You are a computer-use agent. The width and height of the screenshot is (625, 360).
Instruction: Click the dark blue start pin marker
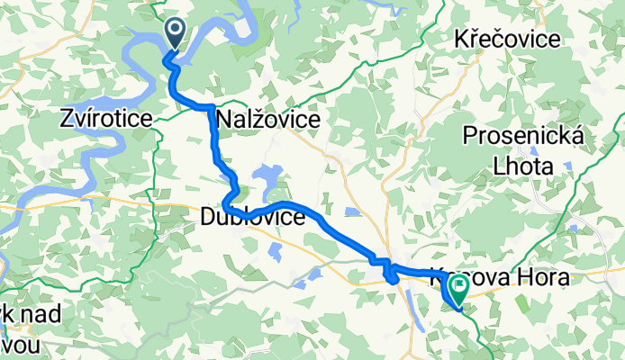tap(174, 34)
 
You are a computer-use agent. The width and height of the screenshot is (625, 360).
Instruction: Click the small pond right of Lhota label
tap(568, 165)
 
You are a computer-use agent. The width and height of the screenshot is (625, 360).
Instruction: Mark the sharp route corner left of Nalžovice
tap(212, 107)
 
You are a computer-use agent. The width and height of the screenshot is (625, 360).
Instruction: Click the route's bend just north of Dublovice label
tap(232, 192)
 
